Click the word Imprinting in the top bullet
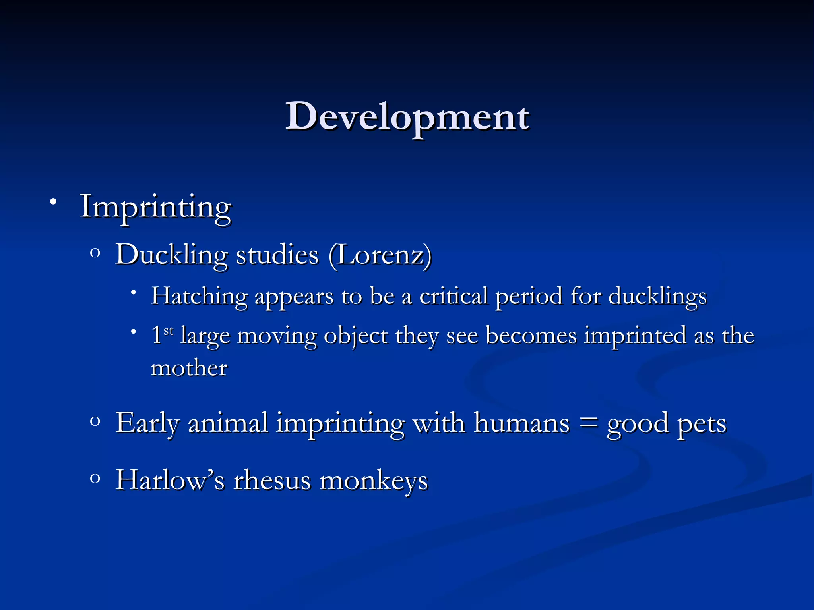(155, 207)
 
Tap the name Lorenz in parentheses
(380, 255)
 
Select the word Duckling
(171, 255)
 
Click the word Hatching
(199, 297)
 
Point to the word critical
(454, 296)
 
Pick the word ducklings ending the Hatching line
(657, 297)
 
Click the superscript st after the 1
(169, 330)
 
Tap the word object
(356, 336)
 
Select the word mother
(189, 368)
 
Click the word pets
(702, 423)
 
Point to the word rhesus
(272, 480)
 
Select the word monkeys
(374, 481)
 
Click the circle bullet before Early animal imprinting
(95, 421)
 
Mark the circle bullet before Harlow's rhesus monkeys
(95, 478)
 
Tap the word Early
(147, 423)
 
